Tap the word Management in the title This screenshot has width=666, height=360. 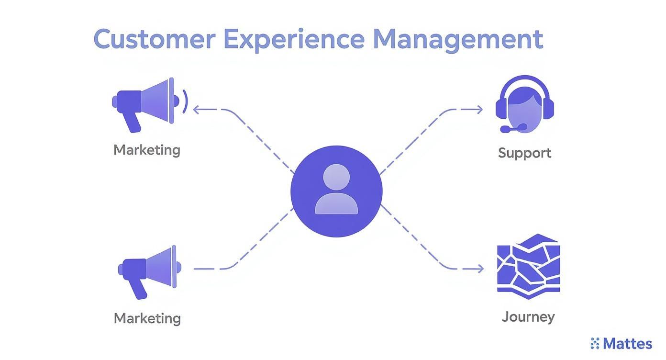(x=458, y=40)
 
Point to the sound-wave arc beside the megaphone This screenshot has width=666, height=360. (x=186, y=101)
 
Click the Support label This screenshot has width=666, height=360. (x=524, y=153)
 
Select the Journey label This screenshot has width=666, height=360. (x=528, y=316)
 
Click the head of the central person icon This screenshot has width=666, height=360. (x=336, y=178)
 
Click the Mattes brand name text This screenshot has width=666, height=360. (x=627, y=344)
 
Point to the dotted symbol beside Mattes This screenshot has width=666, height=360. (x=595, y=343)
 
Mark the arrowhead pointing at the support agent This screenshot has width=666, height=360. (x=479, y=110)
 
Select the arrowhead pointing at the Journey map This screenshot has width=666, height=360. (x=479, y=269)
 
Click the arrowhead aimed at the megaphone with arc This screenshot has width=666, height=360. (x=196, y=110)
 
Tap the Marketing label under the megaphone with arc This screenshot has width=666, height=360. (x=147, y=150)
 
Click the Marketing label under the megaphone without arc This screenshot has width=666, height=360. (x=147, y=318)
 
